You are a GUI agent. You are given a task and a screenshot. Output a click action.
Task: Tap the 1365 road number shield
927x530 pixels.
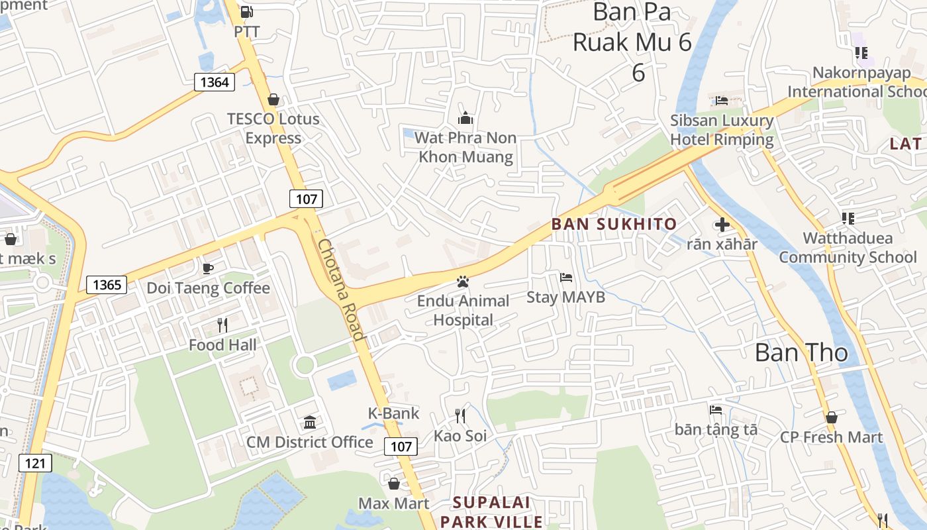[x=107, y=285]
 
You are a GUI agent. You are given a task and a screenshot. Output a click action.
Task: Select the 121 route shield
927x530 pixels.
[x=34, y=462]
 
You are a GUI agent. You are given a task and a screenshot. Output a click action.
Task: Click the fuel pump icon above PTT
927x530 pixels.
[x=246, y=11]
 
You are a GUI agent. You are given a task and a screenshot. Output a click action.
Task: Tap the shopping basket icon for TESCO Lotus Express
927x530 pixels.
[x=273, y=99]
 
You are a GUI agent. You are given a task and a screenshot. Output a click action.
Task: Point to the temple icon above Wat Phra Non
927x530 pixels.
[x=465, y=118]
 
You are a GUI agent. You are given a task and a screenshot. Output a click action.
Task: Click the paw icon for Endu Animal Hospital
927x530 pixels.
[x=462, y=282]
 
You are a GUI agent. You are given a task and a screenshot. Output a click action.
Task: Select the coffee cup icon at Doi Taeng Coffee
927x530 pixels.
[x=208, y=268]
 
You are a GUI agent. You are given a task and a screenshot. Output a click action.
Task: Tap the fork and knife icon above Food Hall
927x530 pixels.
[x=222, y=325]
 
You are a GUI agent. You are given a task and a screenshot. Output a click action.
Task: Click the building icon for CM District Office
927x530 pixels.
[x=309, y=422]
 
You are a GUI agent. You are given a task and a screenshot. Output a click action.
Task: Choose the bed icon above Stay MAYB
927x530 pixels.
[x=566, y=278]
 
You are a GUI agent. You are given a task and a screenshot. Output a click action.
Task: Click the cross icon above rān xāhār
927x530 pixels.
[x=722, y=225]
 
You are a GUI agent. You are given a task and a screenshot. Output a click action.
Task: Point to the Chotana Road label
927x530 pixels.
[x=341, y=290]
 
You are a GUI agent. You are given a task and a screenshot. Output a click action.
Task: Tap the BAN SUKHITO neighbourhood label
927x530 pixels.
[x=614, y=224]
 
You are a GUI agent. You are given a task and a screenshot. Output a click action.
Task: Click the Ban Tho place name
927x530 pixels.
[x=801, y=352]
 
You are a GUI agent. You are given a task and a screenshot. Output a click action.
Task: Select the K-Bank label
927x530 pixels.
[x=393, y=413]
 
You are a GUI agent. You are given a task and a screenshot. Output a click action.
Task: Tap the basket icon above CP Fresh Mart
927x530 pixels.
[x=831, y=417]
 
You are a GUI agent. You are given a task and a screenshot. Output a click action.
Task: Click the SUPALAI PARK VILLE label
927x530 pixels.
[x=491, y=512]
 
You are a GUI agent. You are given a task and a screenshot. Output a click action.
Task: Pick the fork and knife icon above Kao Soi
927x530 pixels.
[x=460, y=416]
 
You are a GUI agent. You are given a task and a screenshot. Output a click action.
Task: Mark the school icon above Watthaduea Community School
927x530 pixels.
[x=848, y=218]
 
